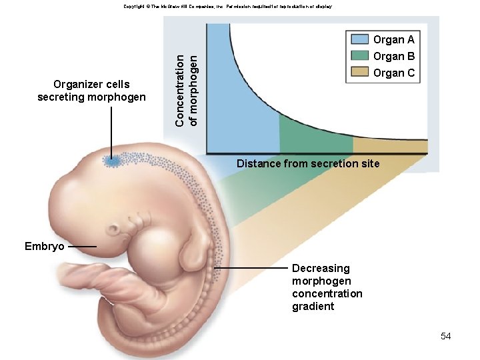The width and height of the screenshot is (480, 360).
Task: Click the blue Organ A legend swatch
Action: (x=360, y=39)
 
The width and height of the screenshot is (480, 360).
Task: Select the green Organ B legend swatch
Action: (x=360, y=56)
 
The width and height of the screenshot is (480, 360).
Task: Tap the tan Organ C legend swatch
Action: (x=360, y=73)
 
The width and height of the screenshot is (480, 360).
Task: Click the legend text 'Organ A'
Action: (x=394, y=39)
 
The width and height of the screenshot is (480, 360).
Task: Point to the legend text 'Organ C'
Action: (x=394, y=73)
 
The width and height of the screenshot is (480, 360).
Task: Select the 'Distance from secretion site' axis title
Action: (x=308, y=163)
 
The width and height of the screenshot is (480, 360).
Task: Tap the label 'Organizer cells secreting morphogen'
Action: (x=91, y=91)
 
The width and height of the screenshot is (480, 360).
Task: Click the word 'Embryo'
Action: (x=45, y=247)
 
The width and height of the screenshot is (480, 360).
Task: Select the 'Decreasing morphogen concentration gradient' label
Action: (x=327, y=287)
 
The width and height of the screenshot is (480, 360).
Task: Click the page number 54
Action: (x=446, y=336)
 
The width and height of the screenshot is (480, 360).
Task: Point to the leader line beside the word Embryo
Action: (x=82, y=247)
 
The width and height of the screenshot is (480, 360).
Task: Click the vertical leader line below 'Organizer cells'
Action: (x=112, y=130)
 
